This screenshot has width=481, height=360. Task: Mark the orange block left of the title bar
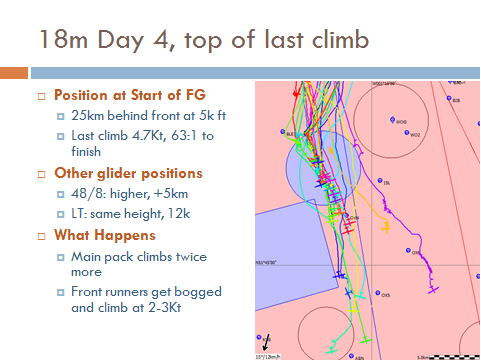pos(13,73)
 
